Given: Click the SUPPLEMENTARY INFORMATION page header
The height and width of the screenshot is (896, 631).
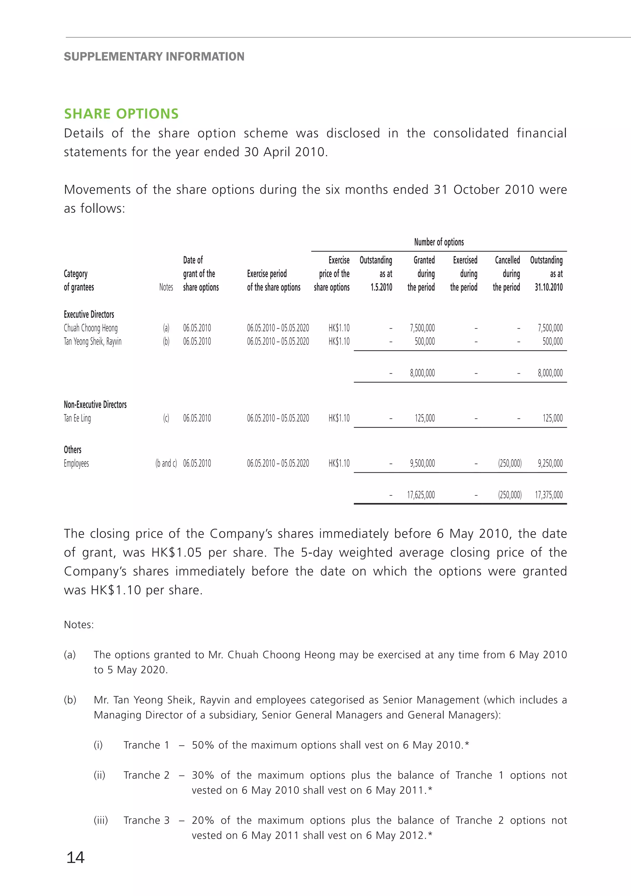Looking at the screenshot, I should tap(154, 57).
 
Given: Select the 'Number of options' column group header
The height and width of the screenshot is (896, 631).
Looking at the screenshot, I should tap(439, 242).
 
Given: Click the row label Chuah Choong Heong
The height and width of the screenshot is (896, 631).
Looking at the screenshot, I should tap(91, 328).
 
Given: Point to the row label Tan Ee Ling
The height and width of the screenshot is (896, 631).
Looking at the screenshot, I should tap(77, 418).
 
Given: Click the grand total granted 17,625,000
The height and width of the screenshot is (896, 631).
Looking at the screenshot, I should tap(421, 495).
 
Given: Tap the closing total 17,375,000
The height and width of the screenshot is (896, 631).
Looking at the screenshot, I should tap(548, 495).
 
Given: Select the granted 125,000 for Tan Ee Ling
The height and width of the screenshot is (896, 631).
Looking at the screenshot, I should tap(424, 418).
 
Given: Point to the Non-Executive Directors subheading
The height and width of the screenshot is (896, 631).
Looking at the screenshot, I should tap(95, 405).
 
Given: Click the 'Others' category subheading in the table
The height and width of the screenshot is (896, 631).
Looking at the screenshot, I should tap(72, 450).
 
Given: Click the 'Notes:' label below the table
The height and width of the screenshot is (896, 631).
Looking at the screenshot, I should tap(79, 624).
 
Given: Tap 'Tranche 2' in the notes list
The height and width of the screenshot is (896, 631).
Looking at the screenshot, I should tap(146, 775).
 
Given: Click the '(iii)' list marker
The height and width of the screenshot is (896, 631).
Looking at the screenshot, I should tap(101, 820).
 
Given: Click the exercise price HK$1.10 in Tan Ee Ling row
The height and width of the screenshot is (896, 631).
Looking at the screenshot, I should tap(339, 418).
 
